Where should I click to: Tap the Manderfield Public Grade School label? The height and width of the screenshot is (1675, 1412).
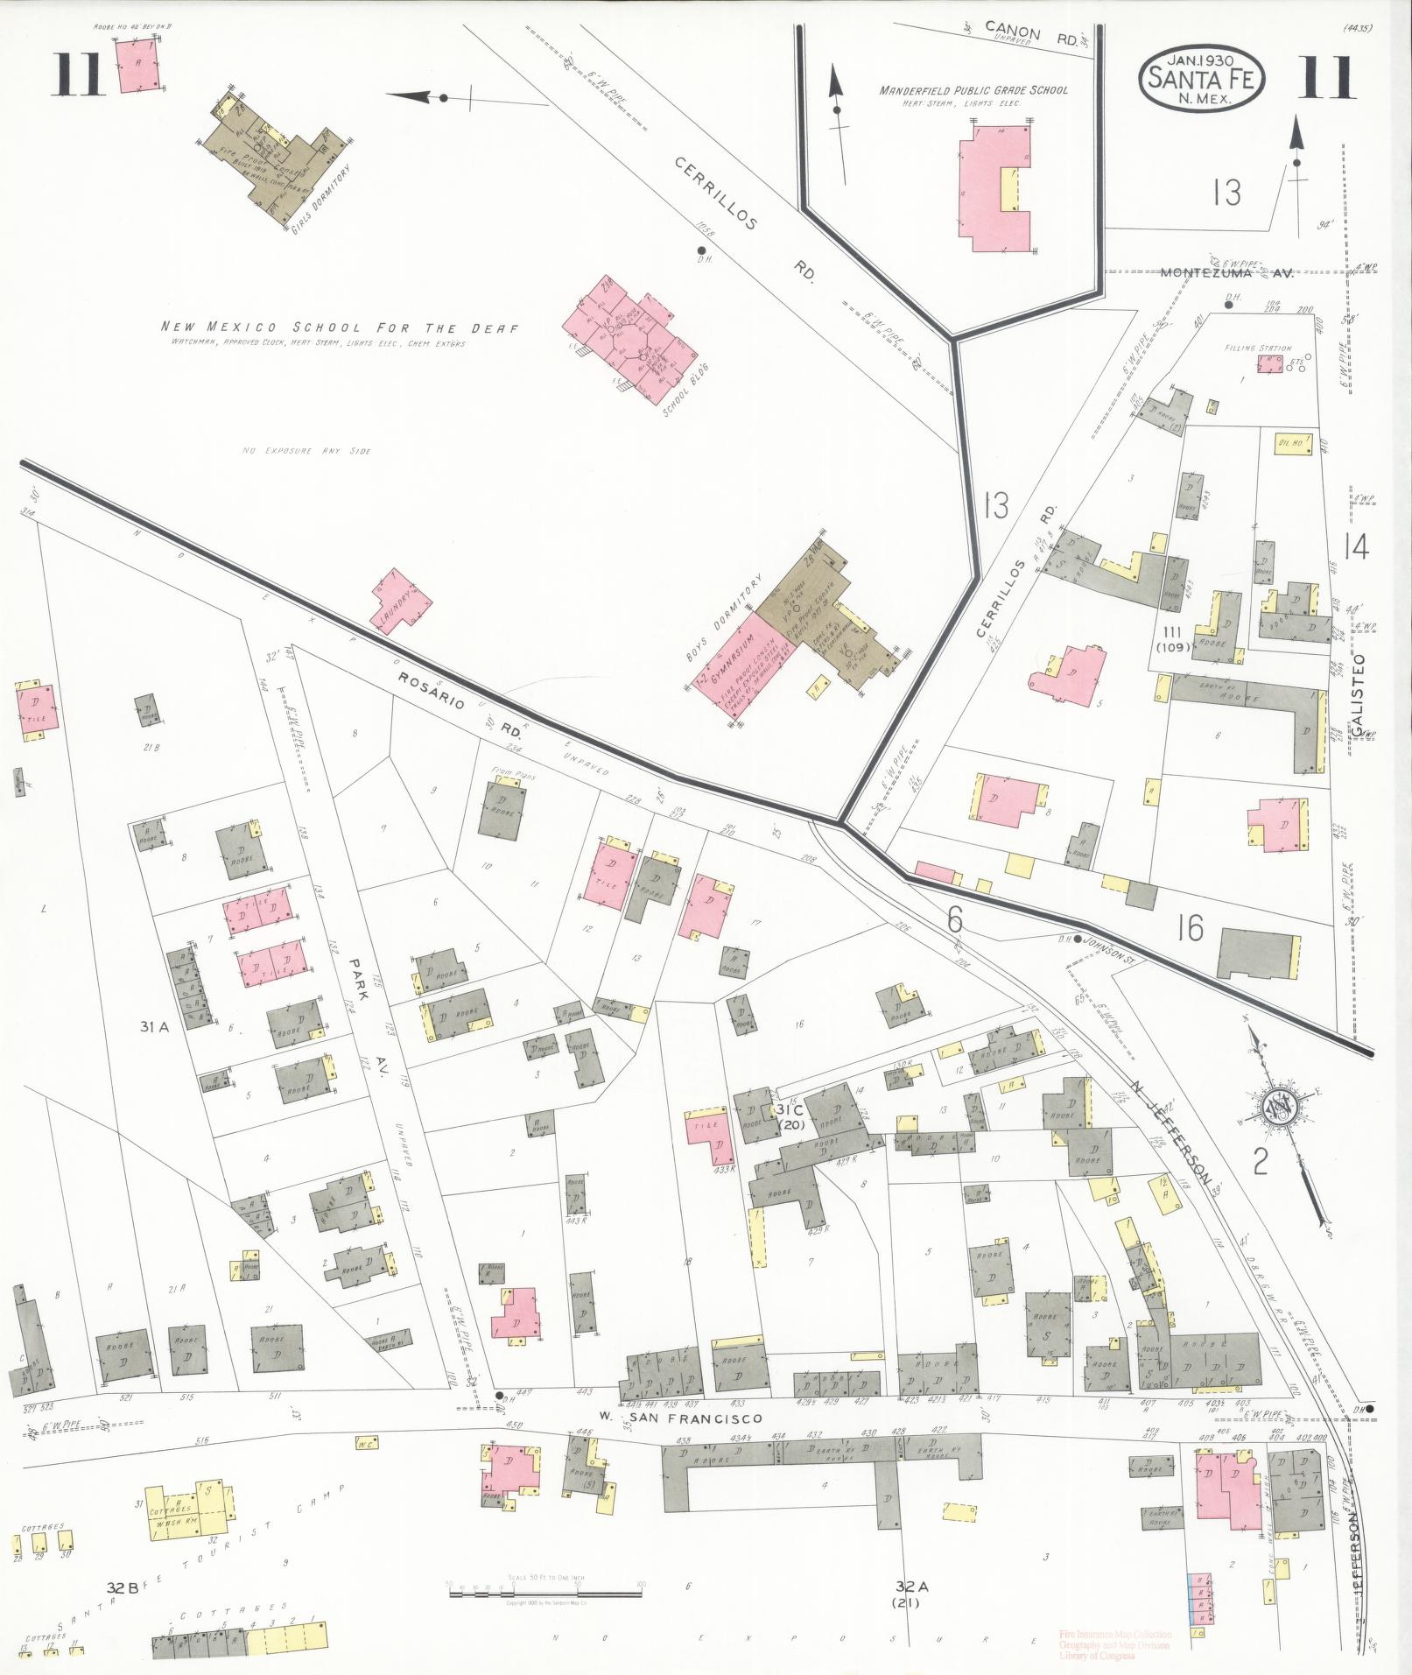pyautogui.click(x=974, y=90)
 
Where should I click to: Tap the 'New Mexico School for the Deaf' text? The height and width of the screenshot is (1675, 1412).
pyautogui.click(x=340, y=328)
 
